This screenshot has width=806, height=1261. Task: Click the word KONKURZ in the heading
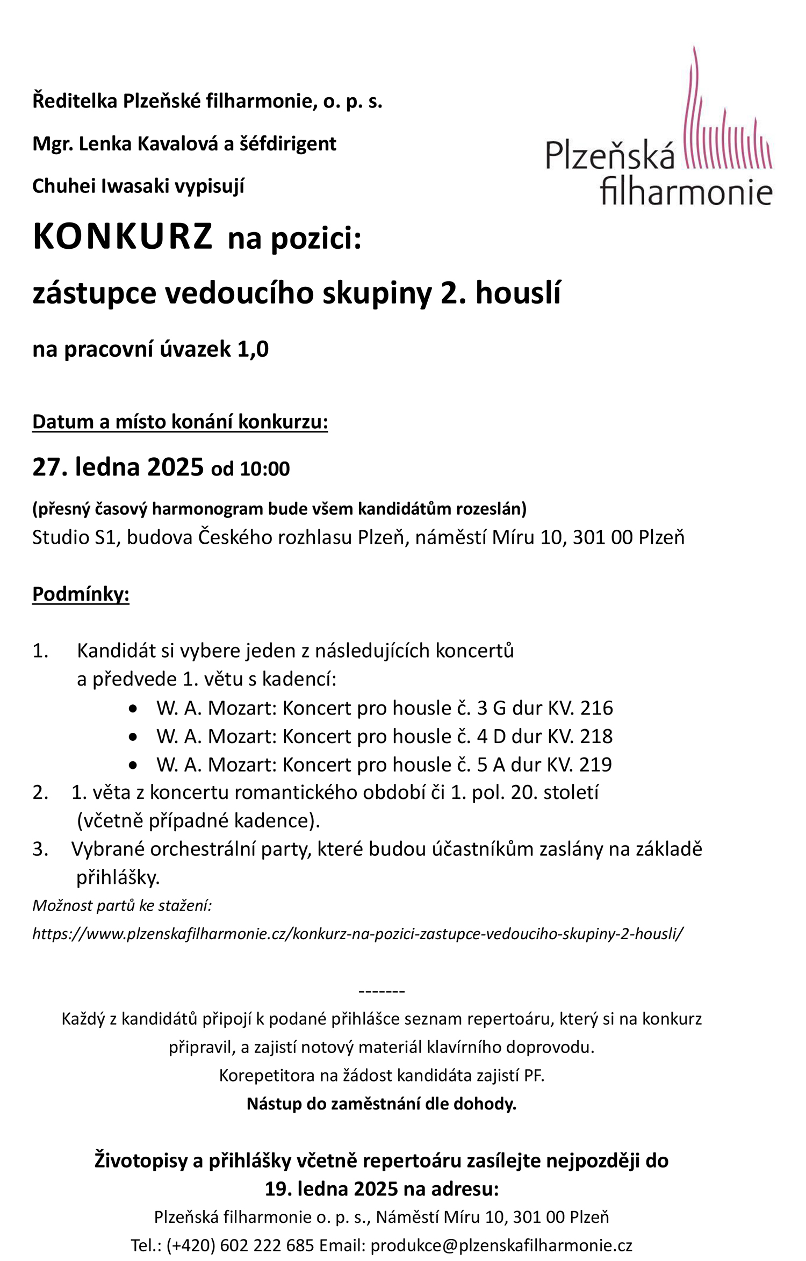pos(123,237)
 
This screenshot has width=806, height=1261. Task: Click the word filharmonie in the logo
pos(686,191)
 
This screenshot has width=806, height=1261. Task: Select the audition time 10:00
pos(265,469)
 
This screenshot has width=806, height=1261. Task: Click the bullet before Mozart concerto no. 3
pos(133,709)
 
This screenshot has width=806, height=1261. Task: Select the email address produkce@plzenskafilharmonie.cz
pos(501,1245)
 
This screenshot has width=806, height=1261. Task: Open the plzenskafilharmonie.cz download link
pos(358,934)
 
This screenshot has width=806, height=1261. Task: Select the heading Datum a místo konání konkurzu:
pos(180,422)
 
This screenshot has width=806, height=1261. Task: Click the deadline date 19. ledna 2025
pos(332,1189)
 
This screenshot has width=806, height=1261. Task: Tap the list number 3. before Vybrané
pos(40,849)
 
